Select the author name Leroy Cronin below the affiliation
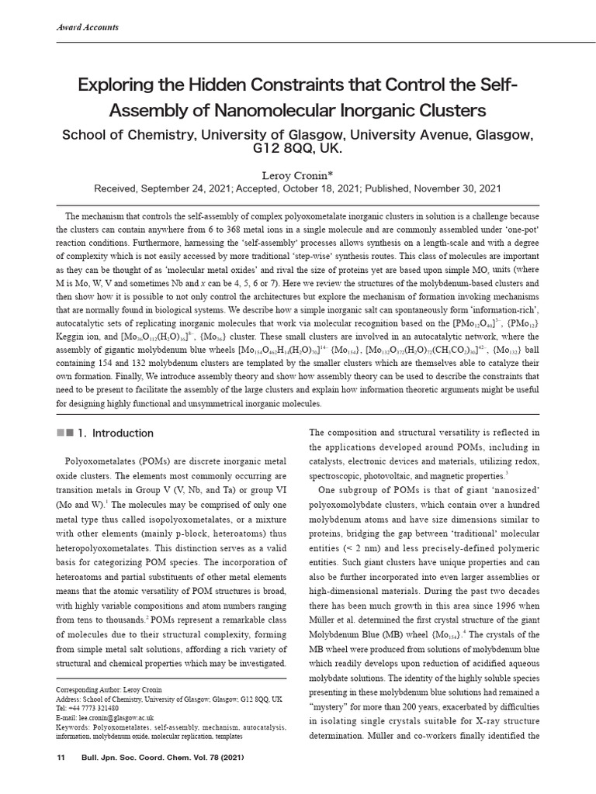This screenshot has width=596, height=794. click(x=297, y=174)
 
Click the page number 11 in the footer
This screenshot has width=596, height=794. click(x=60, y=757)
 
